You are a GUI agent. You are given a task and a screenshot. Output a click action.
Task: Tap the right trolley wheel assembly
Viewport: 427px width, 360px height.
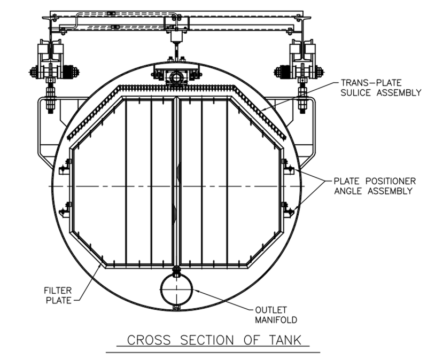coord(300,69)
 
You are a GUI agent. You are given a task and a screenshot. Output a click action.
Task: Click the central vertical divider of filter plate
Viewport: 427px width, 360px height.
coord(176,182)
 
